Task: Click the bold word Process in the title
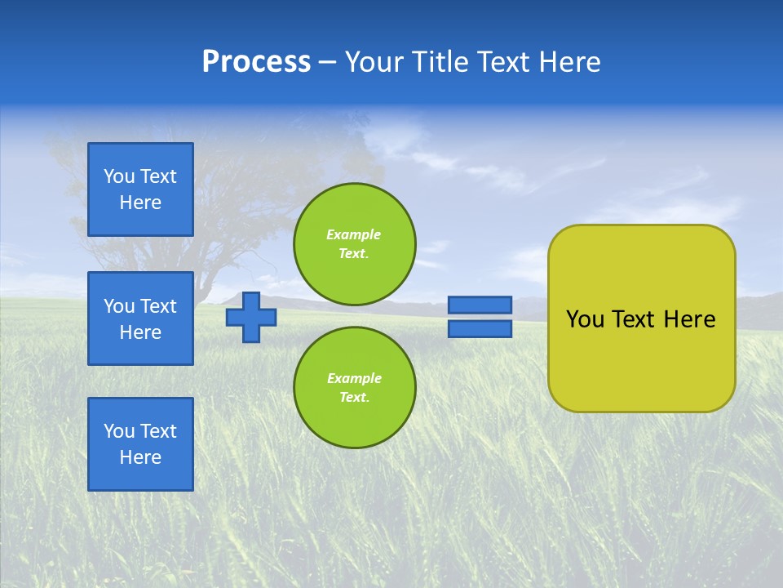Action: pyautogui.click(x=256, y=62)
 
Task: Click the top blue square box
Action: pyautogui.click(x=140, y=189)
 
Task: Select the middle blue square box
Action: pyautogui.click(x=140, y=318)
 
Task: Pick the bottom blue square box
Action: pyautogui.click(x=140, y=444)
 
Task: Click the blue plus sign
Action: pyautogui.click(x=250, y=317)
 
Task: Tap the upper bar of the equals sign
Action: pyautogui.click(x=480, y=305)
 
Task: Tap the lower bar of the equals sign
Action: pyautogui.click(x=480, y=329)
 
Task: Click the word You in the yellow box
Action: pyautogui.click(x=585, y=319)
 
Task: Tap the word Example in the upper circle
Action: pyautogui.click(x=354, y=234)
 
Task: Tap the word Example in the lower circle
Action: pyautogui.click(x=354, y=378)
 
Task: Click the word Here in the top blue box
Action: pyautogui.click(x=140, y=203)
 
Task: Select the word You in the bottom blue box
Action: pyautogui.click(x=119, y=431)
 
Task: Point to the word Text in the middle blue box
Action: pyautogui.click(x=157, y=306)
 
